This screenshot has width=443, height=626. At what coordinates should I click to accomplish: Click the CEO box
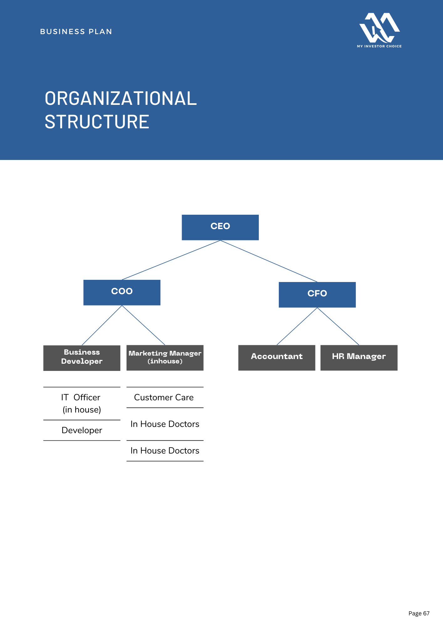(220, 227)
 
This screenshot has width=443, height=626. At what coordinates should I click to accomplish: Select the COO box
(122, 292)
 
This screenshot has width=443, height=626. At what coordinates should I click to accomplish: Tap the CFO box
(317, 295)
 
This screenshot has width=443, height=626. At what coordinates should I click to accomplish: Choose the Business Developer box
(82, 358)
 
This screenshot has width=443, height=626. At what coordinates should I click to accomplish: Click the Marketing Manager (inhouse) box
(165, 358)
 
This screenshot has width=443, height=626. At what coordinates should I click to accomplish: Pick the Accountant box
(277, 358)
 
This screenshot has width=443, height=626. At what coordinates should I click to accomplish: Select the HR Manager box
(359, 358)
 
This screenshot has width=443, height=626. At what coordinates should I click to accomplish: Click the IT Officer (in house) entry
(81, 403)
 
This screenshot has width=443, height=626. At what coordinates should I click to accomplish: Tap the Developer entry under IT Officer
(82, 430)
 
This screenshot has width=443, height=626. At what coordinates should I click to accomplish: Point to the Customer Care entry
(164, 398)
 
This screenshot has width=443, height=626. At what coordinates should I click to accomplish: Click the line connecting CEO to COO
(171, 260)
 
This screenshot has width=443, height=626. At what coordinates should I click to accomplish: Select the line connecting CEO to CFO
(269, 261)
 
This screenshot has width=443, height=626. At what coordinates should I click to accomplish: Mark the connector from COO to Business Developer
(102, 326)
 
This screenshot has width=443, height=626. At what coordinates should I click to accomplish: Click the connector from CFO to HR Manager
(338, 326)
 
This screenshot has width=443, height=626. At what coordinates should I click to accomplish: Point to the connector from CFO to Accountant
(297, 326)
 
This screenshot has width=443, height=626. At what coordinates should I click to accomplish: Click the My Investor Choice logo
(379, 30)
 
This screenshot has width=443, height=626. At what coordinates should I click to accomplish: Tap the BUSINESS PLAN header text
(76, 32)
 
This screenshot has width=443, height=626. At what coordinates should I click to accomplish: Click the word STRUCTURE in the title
(97, 122)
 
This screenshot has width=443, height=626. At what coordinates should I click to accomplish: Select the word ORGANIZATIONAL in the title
(121, 98)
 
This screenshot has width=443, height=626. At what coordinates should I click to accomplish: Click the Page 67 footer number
(419, 613)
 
